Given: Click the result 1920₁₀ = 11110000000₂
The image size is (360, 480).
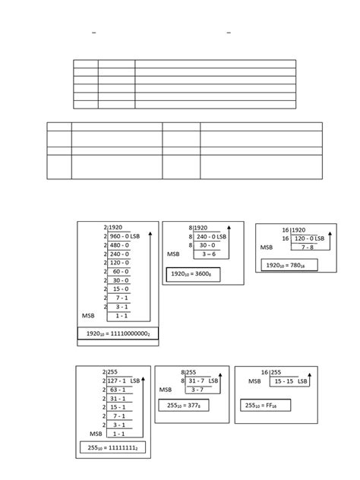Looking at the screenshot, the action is click(118, 333).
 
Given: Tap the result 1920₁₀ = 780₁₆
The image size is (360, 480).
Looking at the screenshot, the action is click(289, 264).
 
